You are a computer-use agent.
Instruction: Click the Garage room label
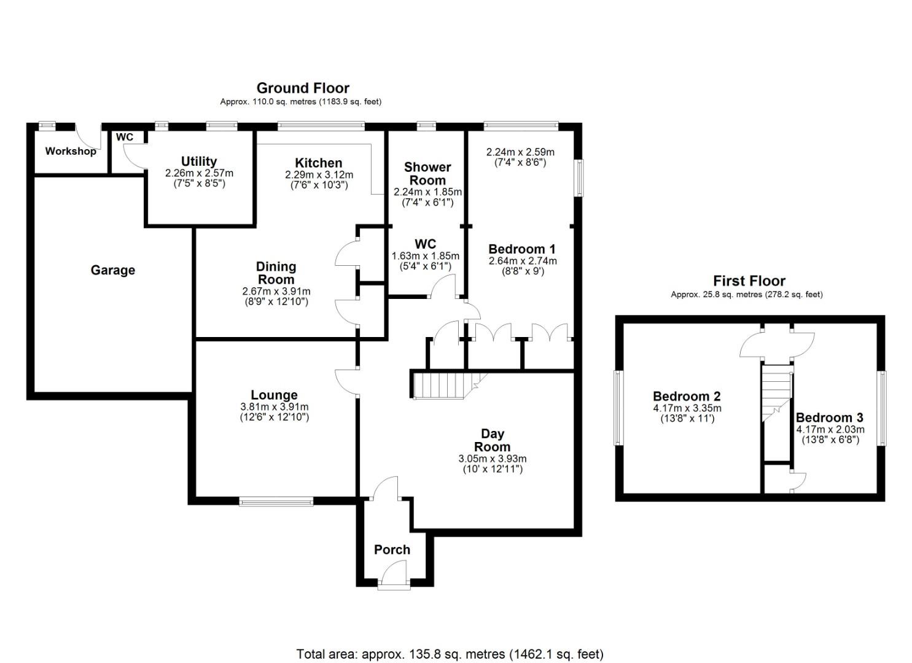coord(112,270)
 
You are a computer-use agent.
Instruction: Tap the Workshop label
coord(71,151)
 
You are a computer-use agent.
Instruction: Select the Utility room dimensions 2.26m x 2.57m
coord(199,173)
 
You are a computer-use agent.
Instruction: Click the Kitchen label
coord(318,163)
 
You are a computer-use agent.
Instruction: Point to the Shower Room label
coord(427,174)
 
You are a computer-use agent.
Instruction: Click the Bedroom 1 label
coord(521,249)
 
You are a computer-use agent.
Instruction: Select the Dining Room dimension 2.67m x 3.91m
coord(276,291)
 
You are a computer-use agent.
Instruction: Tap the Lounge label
coord(274,395)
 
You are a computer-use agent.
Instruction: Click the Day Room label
coord(492,440)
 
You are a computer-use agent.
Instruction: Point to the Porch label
coord(392,549)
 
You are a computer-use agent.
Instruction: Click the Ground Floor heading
coord(303,88)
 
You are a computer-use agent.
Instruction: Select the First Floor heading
coord(749,281)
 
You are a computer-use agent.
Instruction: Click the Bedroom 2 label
coord(687,397)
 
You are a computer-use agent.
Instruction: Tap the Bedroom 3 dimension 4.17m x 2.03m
coord(830,430)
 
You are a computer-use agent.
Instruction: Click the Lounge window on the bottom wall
coord(276,502)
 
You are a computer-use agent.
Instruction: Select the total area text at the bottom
coord(450,654)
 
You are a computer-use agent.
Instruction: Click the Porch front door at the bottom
coord(394,584)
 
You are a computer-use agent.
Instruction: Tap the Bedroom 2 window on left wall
coord(618,407)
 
